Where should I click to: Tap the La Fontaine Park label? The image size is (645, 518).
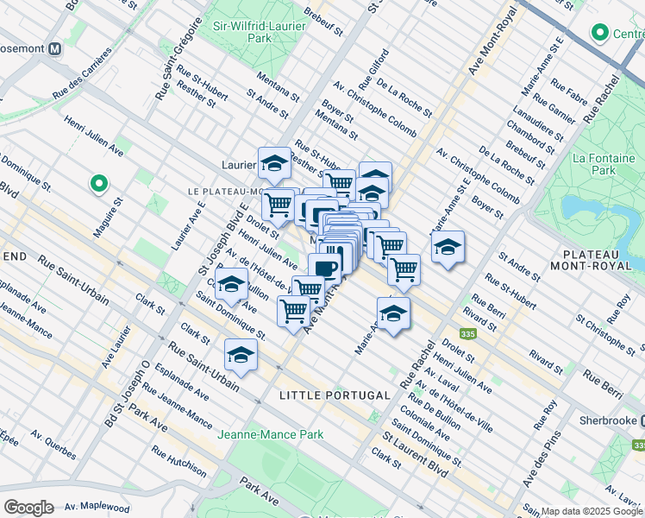(x=604, y=165)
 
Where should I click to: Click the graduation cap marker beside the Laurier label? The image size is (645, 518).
(x=274, y=162)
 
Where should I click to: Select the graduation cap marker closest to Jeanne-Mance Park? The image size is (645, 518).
(x=241, y=355)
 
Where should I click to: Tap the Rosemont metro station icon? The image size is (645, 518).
(x=54, y=49)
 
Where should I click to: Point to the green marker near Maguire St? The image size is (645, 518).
(x=98, y=183)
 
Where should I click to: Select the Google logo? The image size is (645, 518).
(x=28, y=507)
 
